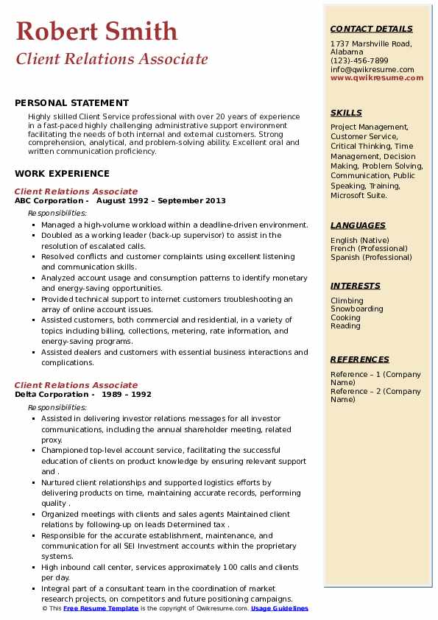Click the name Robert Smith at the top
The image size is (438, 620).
point(96,31)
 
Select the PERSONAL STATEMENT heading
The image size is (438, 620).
point(71,103)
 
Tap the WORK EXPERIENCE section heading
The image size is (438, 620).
point(62,174)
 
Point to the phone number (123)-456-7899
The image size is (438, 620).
point(359,61)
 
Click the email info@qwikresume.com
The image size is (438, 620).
point(372,70)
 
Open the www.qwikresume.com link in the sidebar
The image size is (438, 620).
point(372,78)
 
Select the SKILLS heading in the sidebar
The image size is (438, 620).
point(346,113)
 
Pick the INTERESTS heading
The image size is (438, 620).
point(355,286)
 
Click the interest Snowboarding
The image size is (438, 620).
point(356,309)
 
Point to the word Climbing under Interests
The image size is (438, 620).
point(347,300)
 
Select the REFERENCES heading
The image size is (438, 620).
point(359,359)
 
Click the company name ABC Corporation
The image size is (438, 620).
point(49,200)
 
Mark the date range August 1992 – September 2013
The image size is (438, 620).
point(160,200)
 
